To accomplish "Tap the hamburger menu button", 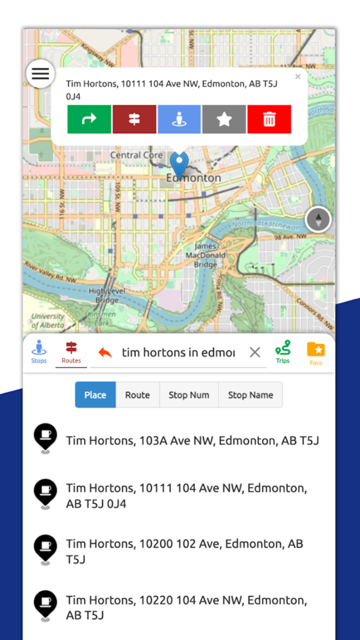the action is click(40, 74).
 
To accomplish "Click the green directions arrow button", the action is click(89, 119).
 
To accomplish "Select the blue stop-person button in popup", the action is click(179, 119).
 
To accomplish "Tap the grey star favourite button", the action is click(224, 119).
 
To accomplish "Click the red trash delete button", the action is click(269, 119).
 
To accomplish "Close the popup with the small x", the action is click(298, 77).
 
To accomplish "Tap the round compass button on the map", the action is click(318, 220).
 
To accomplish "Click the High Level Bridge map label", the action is click(103, 295).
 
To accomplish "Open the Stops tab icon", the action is click(39, 352).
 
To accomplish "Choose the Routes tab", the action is click(71, 352).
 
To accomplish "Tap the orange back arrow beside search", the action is click(105, 352).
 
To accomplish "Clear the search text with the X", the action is click(255, 352).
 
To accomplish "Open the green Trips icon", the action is click(282, 352).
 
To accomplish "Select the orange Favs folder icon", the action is click(316, 352).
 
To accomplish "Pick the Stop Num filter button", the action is click(189, 395).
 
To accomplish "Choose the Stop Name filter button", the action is click(250, 395).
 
